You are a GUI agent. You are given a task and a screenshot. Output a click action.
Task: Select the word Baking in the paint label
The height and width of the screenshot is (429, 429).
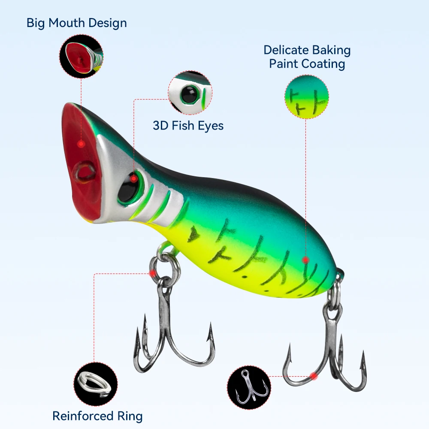click(x=331, y=50)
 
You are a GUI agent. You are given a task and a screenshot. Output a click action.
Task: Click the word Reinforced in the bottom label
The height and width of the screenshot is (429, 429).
click(x=83, y=416)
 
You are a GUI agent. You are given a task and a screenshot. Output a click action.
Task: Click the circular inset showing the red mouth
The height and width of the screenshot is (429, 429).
click(x=81, y=56)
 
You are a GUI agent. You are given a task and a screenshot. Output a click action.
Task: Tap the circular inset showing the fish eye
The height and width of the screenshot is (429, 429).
click(x=190, y=93)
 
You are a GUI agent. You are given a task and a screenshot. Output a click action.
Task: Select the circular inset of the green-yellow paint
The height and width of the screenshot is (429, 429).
click(x=307, y=97)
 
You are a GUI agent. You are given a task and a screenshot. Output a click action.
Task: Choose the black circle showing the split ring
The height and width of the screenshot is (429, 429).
click(x=96, y=384)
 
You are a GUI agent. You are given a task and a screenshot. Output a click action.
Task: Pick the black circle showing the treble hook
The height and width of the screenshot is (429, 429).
click(x=249, y=387)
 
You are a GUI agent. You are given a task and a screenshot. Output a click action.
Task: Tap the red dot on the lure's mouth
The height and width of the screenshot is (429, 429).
click(x=81, y=144)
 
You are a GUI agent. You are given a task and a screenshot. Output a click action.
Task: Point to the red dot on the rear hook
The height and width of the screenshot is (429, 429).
click(x=314, y=377)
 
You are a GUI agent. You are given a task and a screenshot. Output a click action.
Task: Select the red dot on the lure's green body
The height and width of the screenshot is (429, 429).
click(x=305, y=260)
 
